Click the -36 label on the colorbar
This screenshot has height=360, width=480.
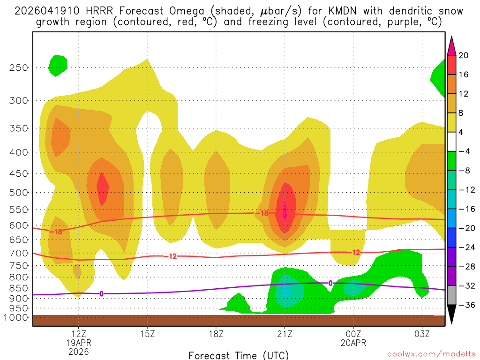pos(465,305)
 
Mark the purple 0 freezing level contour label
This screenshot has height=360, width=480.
pos(101,294)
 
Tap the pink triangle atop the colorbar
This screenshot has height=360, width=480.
pos(451,46)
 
